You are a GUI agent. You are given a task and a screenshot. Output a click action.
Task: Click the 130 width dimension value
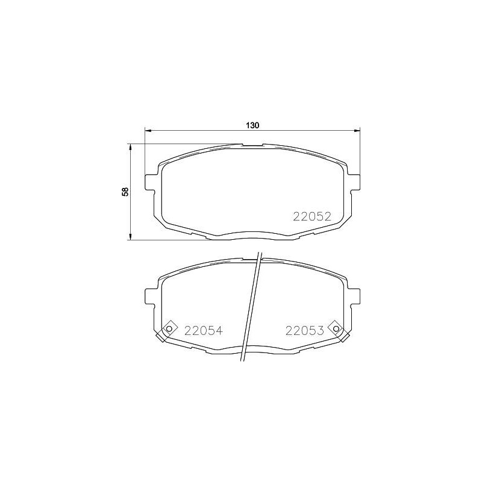click(x=252, y=125)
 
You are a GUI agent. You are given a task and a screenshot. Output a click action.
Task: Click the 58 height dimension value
click(x=125, y=192)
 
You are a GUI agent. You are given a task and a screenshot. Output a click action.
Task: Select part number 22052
click(x=312, y=217)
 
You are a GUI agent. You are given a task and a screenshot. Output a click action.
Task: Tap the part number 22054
click(x=203, y=330)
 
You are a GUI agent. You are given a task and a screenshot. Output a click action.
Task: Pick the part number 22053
click(x=305, y=330)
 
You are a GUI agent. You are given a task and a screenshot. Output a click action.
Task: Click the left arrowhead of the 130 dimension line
click(x=148, y=131)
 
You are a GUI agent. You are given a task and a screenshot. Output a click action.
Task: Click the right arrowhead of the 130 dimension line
click(x=356, y=131)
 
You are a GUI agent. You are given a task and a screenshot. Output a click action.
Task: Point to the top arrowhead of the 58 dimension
click(x=131, y=148)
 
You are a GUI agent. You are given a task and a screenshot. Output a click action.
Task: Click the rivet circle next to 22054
click(x=169, y=329)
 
